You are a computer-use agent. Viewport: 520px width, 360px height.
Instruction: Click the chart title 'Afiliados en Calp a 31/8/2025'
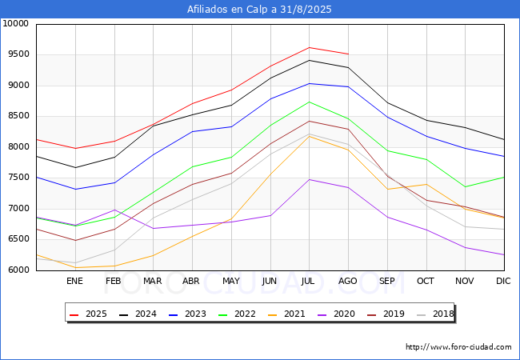(259, 10)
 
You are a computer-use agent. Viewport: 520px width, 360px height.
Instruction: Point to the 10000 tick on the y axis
(15, 24)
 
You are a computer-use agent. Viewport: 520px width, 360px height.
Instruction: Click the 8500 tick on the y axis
(18, 116)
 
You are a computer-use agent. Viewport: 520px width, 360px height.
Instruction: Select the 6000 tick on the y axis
(18, 270)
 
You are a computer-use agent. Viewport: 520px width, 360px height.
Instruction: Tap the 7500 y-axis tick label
(18, 178)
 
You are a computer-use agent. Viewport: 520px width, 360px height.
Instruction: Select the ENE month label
(74, 281)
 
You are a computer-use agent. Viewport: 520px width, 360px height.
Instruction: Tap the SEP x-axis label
(387, 281)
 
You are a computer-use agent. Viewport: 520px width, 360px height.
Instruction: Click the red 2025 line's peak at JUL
(309, 47)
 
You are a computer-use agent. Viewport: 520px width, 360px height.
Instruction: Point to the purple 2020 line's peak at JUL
(309, 179)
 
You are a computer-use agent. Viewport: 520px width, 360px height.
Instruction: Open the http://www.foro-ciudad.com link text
(458, 347)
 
